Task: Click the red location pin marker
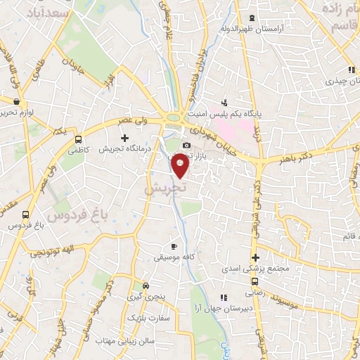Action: [x=181, y=165]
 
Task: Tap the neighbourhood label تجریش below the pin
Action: [x=166, y=189]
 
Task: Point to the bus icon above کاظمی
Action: [x=79, y=139]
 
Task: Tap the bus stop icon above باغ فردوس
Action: [x=26, y=214]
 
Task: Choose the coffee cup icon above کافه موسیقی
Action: [x=174, y=247]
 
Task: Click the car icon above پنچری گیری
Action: [x=145, y=286]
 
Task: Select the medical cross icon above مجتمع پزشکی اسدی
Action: [x=256, y=258]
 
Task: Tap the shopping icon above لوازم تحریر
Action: [x=16, y=101]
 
